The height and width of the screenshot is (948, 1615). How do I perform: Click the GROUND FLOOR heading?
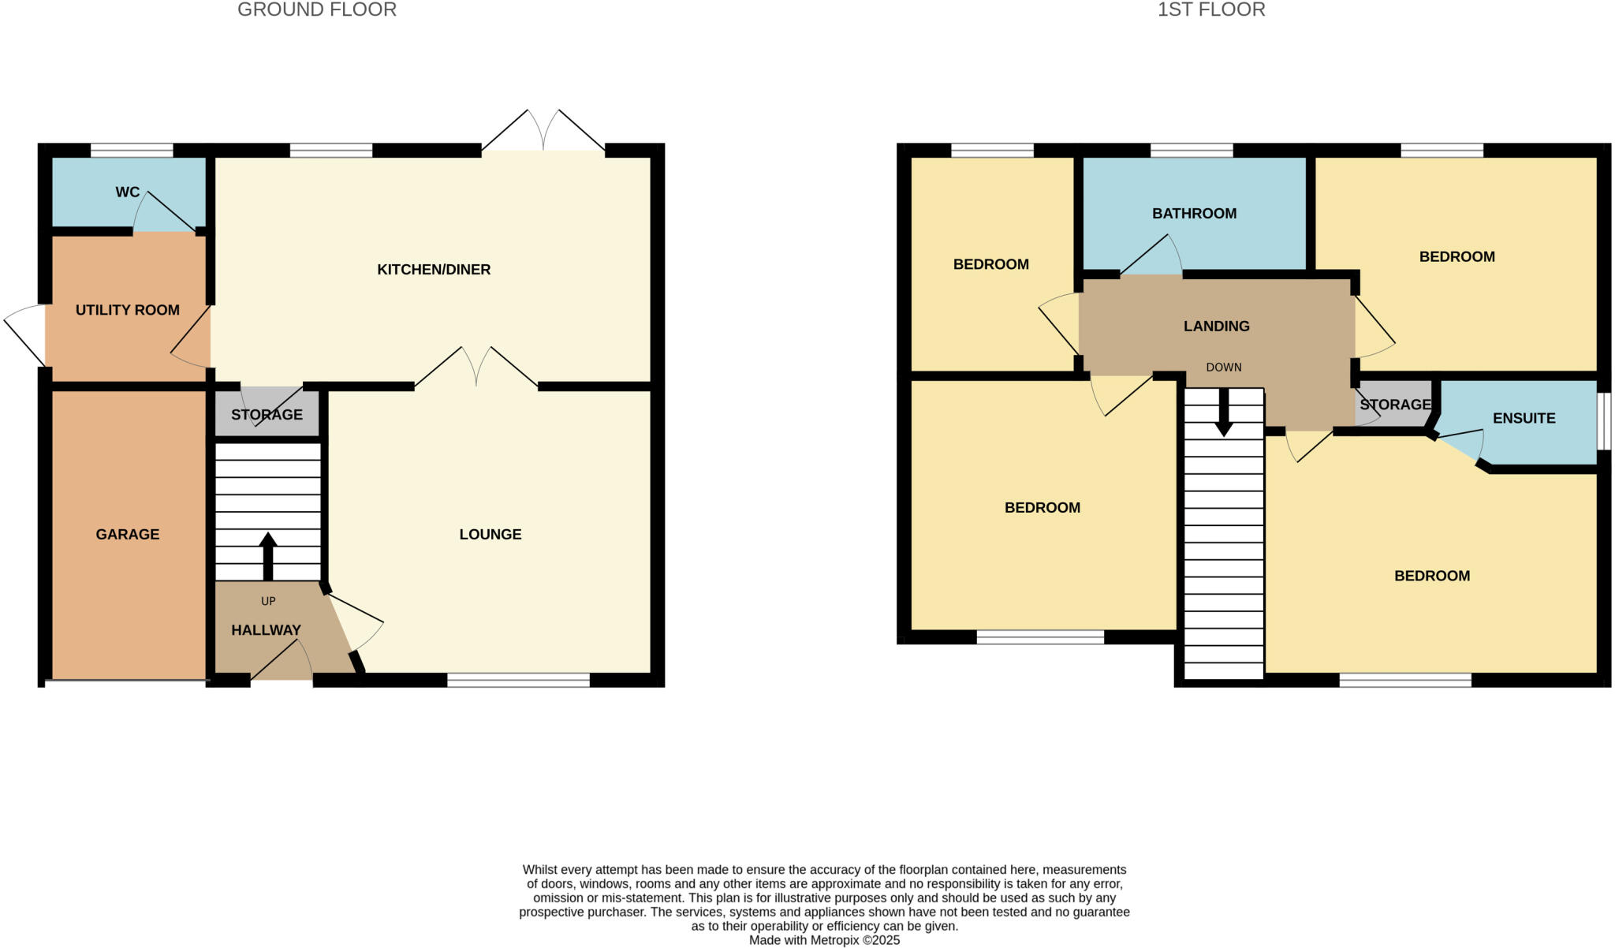pyautogui.click(x=316, y=9)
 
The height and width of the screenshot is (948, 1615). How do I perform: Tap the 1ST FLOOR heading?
pyautogui.click(x=1210, y=9)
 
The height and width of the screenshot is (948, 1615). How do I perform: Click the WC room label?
pyautogui.click(x=127, y=192)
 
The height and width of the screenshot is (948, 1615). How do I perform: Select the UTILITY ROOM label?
pyautogui.click(x=127, y=310)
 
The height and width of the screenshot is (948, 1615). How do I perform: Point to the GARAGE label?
pyautogui.click(x=127, y=534)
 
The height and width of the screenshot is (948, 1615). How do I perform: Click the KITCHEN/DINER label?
pyautogui.click(x=434, y=270)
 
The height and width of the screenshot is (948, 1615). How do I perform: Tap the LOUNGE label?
pyautogui.click(x=490, y=534)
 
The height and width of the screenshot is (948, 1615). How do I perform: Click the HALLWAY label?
pyautogui.click(x=266, y=630)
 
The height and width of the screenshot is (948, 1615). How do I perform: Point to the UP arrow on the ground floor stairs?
pyautogui.click(x=268, y=555)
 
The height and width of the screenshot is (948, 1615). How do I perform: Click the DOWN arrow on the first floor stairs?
pyautogui.click(x=1223, y=412)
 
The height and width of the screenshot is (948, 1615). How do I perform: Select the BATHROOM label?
pyautogui.click(x=1194, y=213)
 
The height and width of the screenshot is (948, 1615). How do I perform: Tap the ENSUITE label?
pyautogui.click(x=1524, y=418)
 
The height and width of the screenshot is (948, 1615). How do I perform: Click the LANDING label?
pyautogui.click(x=1216, y=326)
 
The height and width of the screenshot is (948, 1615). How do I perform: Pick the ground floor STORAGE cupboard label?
pyautogui.click(x=267, y=415)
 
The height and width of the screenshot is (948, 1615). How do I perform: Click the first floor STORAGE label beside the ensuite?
pyautogui.click(x=1394, y=405)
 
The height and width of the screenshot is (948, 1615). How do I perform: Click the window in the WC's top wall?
pyautogui.click(x=132, y=151)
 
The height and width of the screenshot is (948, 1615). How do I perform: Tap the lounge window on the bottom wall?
pyautogui.click(x=518, y=680)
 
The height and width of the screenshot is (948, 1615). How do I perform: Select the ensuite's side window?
pyautogui.click(x=1603, y=421)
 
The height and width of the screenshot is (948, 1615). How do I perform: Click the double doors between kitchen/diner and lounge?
pyautogui.click(x=476, y=368)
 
